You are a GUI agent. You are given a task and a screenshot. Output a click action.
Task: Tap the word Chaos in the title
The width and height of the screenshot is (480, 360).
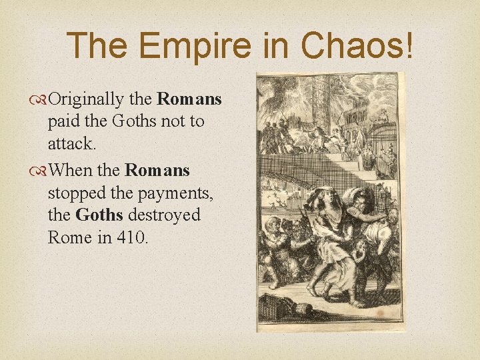pyautogui.click(x=351, y=45)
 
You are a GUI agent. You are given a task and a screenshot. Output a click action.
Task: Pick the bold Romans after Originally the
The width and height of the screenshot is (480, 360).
pyautogui.click(x=189, y=99)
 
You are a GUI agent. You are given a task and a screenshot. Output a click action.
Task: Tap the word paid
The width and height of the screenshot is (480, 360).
pyautogui.click(x=63, y=121)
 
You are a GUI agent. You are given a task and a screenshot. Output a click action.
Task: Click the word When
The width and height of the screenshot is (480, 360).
pyautogui.click(x=72, y=170)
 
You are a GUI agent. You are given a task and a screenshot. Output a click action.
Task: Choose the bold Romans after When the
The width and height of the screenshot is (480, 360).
pyautogui.click(x=157, y=170)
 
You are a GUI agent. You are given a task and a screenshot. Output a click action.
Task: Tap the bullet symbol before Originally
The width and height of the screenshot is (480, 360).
pyautogui.click(x=41, y=100)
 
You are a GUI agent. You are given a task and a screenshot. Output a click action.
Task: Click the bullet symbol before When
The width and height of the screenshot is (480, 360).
pyautogui.click(x=41, y=171)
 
